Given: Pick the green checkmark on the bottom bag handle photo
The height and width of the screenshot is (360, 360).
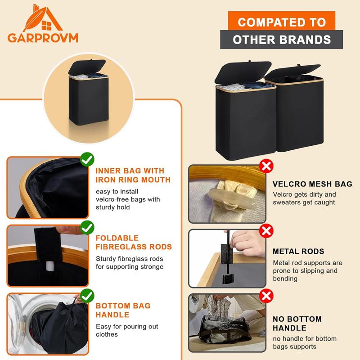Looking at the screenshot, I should [x=87, y=296].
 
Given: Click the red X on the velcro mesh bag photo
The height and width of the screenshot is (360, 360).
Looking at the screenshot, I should [x=267, y=166].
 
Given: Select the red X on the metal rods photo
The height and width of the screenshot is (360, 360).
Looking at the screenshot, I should [x=267, y=231].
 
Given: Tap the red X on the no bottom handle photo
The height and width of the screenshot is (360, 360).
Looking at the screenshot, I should [x=267, y=296].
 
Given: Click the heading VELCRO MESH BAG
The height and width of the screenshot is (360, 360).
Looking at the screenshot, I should [x=312, y=184].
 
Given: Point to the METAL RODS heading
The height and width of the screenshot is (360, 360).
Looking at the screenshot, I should [x=298, y=252].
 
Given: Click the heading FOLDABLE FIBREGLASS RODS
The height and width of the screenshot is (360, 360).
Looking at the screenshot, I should [x=134, y=242].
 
